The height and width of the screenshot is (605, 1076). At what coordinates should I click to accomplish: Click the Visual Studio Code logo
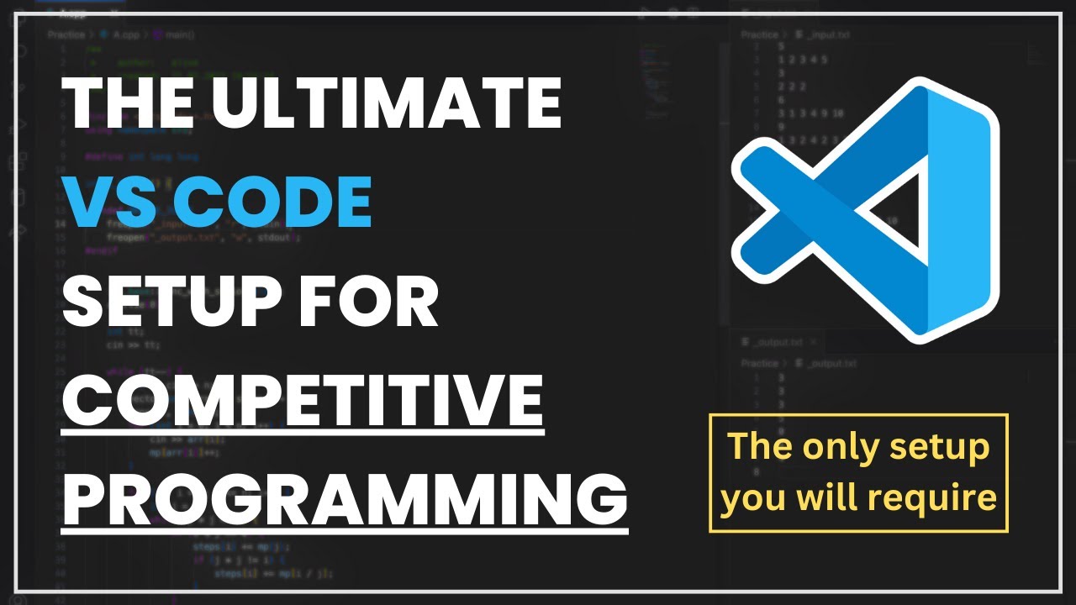point(866,210)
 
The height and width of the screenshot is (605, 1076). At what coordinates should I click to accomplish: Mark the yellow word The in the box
point(759,446)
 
